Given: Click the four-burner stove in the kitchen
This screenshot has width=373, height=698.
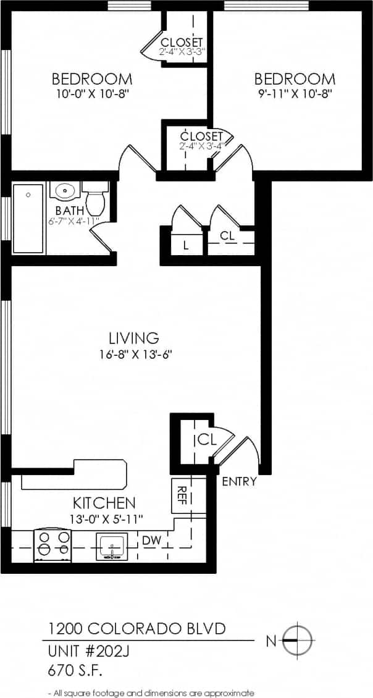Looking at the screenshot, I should pos(53,545).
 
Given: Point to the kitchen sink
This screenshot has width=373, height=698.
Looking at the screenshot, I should pos(112,546).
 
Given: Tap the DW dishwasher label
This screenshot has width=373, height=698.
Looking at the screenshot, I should pos(151,540).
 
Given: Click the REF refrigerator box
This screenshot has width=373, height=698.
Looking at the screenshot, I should pos(180,494).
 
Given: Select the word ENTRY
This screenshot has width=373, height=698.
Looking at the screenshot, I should pos(239,482).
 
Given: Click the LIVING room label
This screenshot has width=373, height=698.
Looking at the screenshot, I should pos(134,338).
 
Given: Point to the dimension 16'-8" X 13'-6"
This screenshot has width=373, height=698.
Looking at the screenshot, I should pos(134,355).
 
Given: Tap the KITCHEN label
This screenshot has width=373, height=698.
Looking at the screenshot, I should pos(104,502).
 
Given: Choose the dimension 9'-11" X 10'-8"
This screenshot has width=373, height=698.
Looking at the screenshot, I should pos(295,94).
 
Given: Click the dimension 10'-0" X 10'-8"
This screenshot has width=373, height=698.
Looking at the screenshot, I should pos(91,94).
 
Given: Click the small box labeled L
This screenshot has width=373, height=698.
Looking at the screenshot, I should pos(185,245).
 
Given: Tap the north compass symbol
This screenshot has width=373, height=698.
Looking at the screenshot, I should pos(299,641).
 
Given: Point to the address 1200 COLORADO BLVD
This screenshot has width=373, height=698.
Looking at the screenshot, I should pos(136,629).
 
